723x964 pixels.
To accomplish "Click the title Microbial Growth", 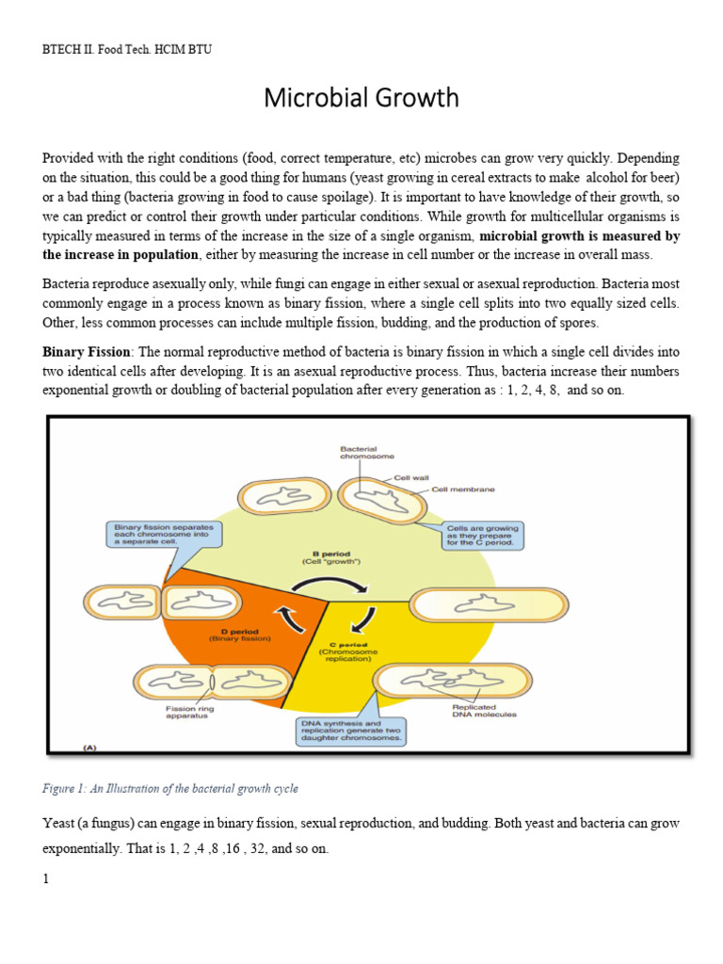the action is (x=361, y=98).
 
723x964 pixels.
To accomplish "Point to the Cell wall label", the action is (x=412, y=477).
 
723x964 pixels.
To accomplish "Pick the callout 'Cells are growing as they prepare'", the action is (x=482, y=535).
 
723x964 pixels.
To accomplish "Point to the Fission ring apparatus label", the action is (x=187, y=713).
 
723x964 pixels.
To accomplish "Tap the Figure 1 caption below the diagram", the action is (x=170, y=788).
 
